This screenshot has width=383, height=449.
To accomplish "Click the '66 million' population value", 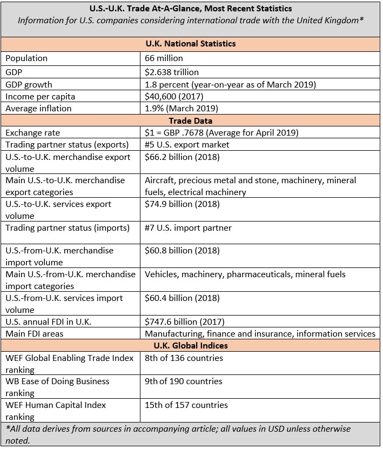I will click(x=164, y=58).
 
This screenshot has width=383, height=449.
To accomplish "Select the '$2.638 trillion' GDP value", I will click(x=172, y=72).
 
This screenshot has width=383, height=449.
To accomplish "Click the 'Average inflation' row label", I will click(x=38, y=109).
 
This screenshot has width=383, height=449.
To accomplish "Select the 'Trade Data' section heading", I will click(x=191, y=120).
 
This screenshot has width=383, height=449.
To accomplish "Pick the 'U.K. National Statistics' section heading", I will click(x=191, y=44).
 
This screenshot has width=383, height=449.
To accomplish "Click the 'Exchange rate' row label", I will click(x=32, y=132).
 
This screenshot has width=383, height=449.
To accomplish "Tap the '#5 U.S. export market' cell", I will click(x=187, y=144).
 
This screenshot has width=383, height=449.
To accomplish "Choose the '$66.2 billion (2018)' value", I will click(x=182, y=157).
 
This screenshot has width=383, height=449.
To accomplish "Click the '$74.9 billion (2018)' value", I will click(x=182, y=204).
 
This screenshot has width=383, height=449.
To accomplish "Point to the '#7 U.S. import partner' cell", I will click(x=188, y=227).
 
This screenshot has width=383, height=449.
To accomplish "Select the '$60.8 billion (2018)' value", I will click(x=182, y=251).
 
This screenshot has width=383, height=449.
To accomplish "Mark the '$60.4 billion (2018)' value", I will click(x=182, y=298).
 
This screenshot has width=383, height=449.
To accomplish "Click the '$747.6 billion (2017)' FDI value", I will click(x=184, y=321).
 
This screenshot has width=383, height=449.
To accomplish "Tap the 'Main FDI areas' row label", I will click(x=34, y=333).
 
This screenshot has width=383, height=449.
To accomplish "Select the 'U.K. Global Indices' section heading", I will click(x=191, y=345).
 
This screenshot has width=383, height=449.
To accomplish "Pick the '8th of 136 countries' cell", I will click(x=184, y=358).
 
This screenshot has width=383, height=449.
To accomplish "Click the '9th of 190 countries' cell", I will click(x=184, y=381).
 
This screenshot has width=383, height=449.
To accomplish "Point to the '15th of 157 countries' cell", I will click(x=186, y=405).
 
